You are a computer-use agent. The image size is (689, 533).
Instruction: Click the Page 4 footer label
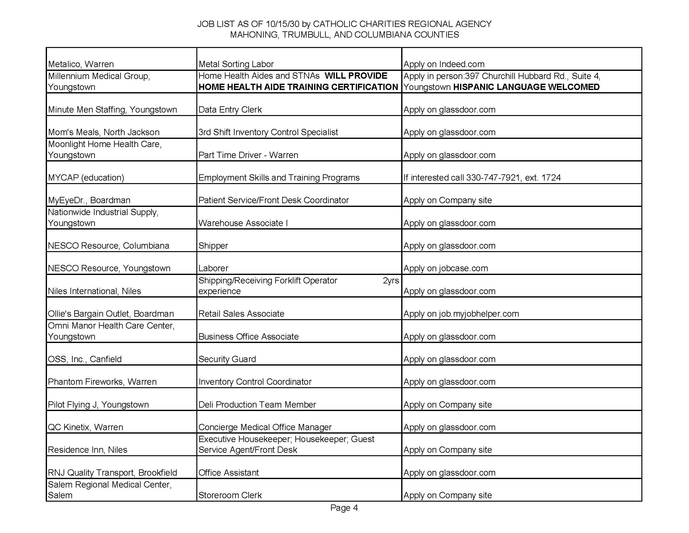tap(344, 508)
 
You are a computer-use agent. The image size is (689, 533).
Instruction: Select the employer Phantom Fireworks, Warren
tap(102, 382)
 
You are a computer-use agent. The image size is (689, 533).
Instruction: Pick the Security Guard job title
tap(227, 359)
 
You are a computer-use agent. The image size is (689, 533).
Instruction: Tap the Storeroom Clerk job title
tap(230, 495)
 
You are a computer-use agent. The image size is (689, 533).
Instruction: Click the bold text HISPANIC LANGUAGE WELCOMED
tap(526, 87)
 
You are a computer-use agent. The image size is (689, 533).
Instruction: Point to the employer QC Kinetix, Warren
tap(85, 427)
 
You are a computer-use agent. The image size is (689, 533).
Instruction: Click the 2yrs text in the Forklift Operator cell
tap(391, 280)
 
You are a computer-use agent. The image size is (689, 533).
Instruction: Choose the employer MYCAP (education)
tap(86, 177)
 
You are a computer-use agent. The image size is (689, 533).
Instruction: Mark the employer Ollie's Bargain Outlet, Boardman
tap(111, 314)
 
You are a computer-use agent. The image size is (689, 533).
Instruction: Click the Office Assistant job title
tap(228, 472)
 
